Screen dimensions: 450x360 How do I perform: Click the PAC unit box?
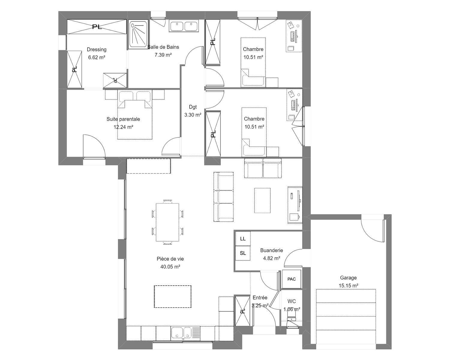coord(292,279)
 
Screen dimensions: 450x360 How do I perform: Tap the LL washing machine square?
coord(243,238)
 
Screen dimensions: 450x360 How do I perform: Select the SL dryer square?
coord(243,253)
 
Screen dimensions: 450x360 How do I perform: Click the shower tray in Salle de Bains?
coord(138,34)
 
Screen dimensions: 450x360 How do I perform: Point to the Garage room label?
coord(348,277)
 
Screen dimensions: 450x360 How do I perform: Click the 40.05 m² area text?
coord(170,267)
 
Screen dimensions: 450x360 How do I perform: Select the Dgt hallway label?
coord(193,107)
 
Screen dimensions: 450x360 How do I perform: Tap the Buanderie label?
coord(271,250)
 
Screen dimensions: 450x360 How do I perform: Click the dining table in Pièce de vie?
coord(167,222)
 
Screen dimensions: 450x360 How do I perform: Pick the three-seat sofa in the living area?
coord(223,196)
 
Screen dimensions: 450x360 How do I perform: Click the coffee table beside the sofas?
coord(262,200)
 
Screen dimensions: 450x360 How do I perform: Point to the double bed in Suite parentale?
coord(135,115)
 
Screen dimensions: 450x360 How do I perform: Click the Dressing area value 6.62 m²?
coord(96,57)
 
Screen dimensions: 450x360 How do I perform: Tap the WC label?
coord(292,301)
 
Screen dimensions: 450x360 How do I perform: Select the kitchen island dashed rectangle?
coord(173,296)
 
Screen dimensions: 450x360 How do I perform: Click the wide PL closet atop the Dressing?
coord(97,27)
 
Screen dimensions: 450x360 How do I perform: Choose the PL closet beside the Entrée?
coord(242,311)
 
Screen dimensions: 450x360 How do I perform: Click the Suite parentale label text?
coord(123,119)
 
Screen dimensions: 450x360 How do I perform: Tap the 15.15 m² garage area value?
coord(348,286)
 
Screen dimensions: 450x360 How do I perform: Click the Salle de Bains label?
coord(163,47)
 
